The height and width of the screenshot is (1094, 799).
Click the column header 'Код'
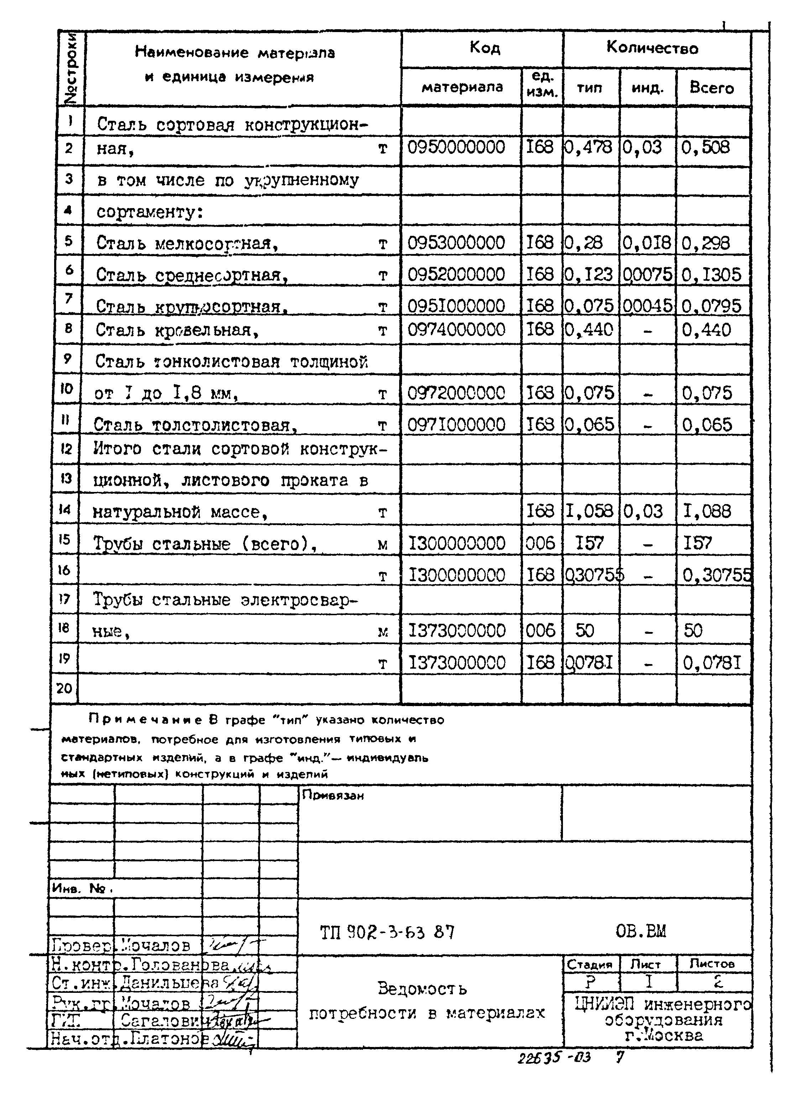click(x=484, y=48)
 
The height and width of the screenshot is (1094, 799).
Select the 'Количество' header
click(x=652, y=48)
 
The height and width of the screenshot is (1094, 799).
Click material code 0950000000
click(x=456, y=147)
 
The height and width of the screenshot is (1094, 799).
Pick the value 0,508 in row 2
click(x=705, y=147)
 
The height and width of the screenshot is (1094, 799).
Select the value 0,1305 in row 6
click(x=711, y=275)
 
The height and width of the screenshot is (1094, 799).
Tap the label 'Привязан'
click(x=333, y=795)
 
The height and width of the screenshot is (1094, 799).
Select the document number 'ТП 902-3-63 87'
click(x=387, y=932)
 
